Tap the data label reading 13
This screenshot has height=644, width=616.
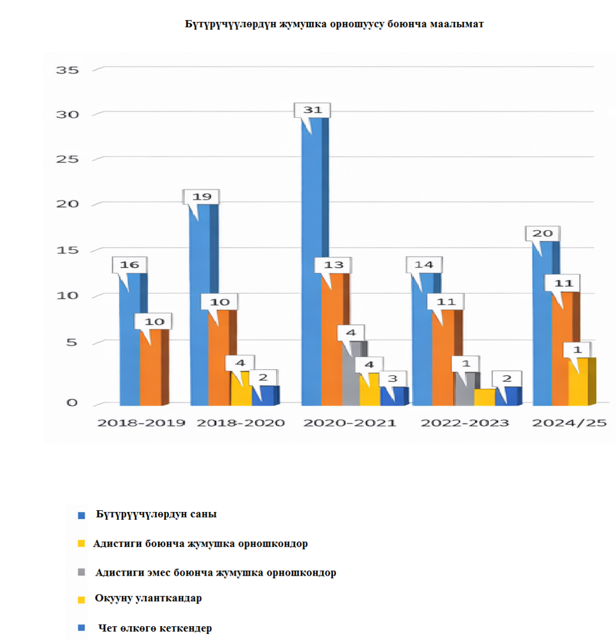333,265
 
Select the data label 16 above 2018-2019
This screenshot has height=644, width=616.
130,265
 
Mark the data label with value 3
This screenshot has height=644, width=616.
392,379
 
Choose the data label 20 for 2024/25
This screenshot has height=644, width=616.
542,233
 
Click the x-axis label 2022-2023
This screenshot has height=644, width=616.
465,423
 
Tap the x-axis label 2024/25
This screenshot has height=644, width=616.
569,423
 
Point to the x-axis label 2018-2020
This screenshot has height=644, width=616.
240,423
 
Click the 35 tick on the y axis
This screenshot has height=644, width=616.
67,70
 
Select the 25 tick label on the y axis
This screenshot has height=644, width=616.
67,159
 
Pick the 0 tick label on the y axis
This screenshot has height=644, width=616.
72,403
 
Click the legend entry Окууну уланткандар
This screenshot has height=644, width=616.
148,598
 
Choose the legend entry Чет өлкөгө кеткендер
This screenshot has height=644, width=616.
154,628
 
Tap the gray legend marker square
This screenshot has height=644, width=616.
82,573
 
